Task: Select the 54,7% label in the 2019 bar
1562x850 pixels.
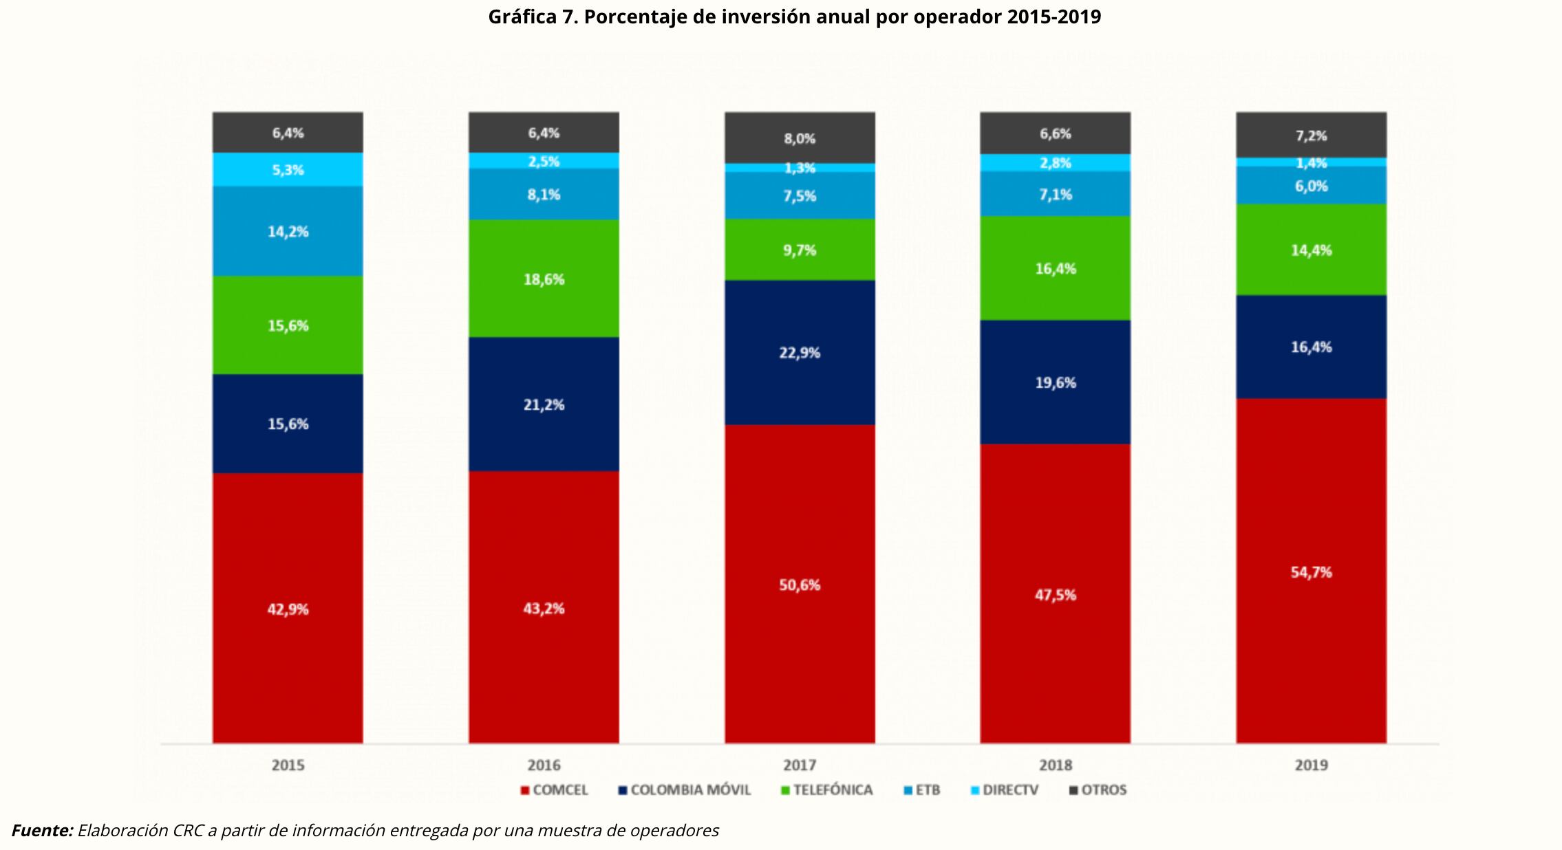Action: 1311,572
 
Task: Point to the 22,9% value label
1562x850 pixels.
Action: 800,353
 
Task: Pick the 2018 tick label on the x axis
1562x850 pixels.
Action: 1055,765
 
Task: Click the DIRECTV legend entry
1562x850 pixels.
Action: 1004,790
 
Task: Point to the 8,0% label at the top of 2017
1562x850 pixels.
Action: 800,139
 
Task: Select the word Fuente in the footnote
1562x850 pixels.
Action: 42,831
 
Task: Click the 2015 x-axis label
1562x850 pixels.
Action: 288,765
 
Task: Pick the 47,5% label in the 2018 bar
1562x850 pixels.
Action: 1055,595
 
